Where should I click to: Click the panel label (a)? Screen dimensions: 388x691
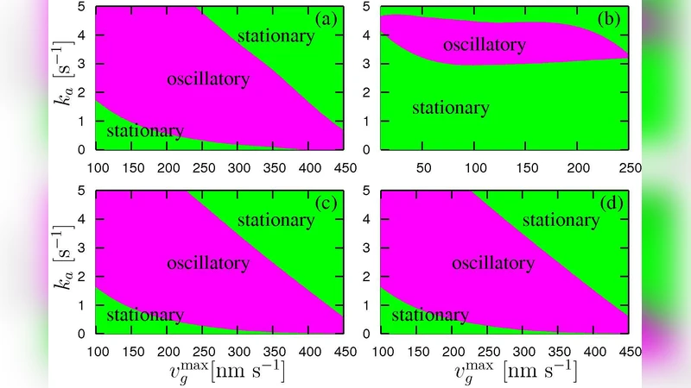coord(328,17)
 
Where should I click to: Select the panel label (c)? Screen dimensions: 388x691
coord(328,203)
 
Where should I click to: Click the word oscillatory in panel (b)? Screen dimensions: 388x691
coord(485,44)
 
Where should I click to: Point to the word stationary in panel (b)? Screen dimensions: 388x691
coord(450,108)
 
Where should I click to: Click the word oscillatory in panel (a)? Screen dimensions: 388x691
coord(208,78)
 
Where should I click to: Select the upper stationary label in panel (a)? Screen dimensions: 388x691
coord(275,36)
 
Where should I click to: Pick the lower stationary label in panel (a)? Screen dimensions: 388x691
coord(144,131)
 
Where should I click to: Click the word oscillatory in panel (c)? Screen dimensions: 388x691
coord(208,262)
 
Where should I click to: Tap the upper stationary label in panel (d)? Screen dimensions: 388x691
coord(561,220)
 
